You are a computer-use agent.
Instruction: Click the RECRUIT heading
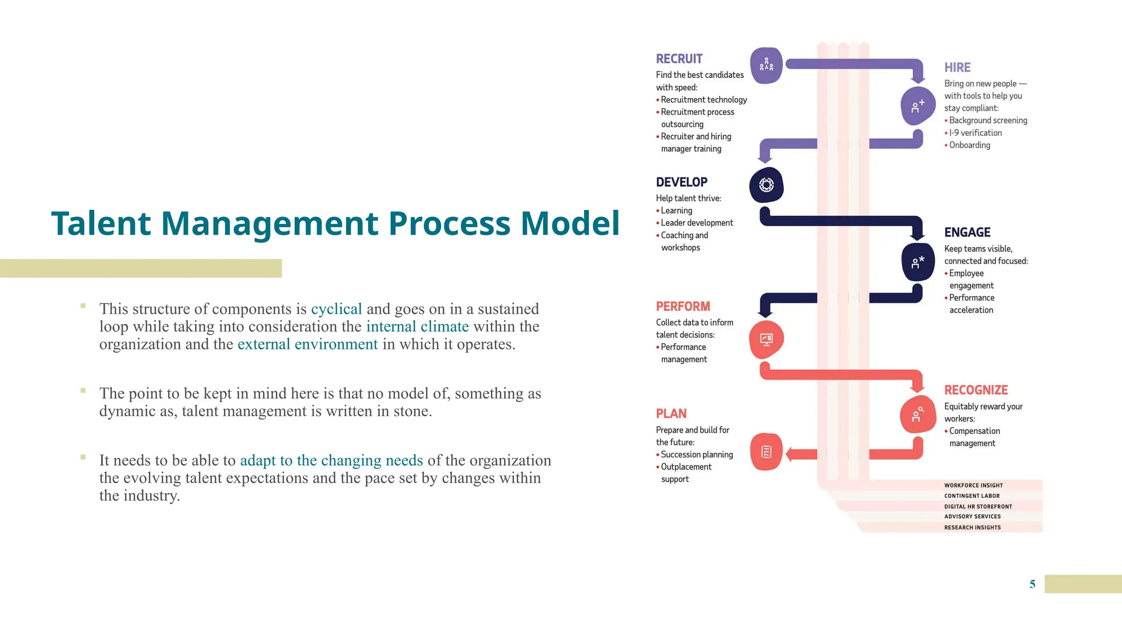click(679, 59)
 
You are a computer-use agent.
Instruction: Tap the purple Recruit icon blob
click(766, 66)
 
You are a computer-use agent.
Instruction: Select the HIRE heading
click(957, 67)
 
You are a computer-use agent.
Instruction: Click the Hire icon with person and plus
click(918, 106)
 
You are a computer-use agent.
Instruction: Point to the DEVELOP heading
click(682, 182)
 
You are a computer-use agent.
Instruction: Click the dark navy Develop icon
click(766, 185)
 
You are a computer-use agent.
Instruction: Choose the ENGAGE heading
click(967, 232)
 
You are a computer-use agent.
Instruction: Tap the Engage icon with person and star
click(918, 262)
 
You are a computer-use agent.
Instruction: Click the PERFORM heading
click(683, 306)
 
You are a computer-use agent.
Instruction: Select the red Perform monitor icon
click(766, 340)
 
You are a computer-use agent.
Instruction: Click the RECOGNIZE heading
click(976, 390)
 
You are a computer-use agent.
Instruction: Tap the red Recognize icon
click(917, 415)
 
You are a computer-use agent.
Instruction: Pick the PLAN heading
click(671, 414)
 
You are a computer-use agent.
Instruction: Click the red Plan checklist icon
click(766, 452)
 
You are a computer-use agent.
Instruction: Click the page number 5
click(1032, 584)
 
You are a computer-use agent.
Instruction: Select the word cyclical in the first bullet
click(336, 309)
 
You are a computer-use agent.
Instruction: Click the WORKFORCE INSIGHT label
click(973, 485)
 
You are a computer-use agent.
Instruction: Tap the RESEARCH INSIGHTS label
click(972, 527)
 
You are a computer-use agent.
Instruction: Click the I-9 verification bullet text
click(981, 133)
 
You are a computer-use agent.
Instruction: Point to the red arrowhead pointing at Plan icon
click(790, 454)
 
